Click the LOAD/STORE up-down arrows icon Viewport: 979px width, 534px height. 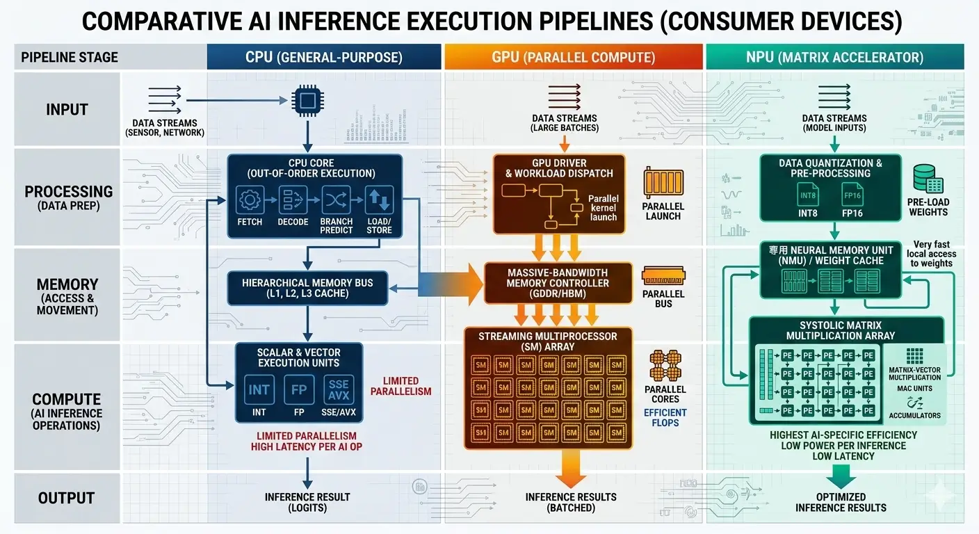click(x=379, y=200)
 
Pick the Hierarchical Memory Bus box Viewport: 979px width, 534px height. click(x=307, y=288)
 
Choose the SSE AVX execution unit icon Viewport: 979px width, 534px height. click(x=339, y=389)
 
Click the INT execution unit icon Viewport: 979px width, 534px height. click(x=259, y=389)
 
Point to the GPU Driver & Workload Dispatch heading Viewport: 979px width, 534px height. click(x=559, y=168)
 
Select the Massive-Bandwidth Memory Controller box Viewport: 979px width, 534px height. click(x=558, y=283)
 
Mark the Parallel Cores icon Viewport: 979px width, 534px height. click(x=663, y=365)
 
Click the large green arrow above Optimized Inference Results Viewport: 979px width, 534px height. click(x=841, y=476)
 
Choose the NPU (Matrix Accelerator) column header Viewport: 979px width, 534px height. click(x=834, y=58)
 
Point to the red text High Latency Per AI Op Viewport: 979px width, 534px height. click(x=307, y=446)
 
